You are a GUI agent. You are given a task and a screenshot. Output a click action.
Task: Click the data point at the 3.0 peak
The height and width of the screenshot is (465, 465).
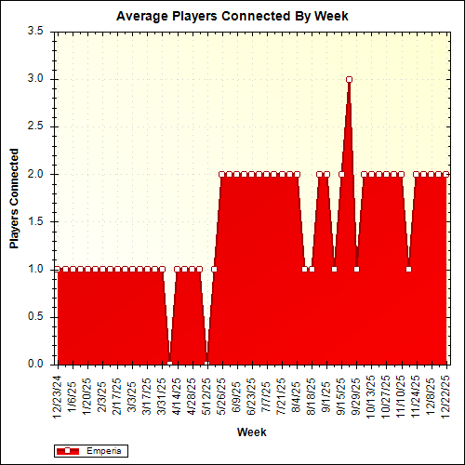point(349,79)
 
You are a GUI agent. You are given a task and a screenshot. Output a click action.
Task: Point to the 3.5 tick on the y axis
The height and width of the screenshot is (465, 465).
point(36,31)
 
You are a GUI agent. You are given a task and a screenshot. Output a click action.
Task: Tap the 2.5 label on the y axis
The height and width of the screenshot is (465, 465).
point(36,126)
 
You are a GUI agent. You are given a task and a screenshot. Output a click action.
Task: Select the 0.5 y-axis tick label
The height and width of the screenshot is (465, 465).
point(36,316)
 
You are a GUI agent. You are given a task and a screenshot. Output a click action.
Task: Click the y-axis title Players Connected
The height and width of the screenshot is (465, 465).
point(15,197)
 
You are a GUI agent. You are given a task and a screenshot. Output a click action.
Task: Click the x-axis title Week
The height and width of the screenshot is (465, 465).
point(251,432)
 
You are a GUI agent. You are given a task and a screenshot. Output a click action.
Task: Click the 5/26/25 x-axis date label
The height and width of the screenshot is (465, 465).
point(221,392)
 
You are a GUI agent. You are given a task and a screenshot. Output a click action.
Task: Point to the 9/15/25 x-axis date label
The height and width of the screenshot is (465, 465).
point(341,392)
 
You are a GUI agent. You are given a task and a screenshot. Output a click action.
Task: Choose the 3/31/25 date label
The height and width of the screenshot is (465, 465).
point(162,392)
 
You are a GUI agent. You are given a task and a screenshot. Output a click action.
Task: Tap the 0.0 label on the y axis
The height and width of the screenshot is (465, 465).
point(36,364)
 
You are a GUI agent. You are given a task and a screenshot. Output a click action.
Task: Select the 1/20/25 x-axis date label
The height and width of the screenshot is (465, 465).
point(87,392)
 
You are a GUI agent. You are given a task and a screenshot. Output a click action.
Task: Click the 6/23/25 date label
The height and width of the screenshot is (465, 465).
point(252,392)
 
